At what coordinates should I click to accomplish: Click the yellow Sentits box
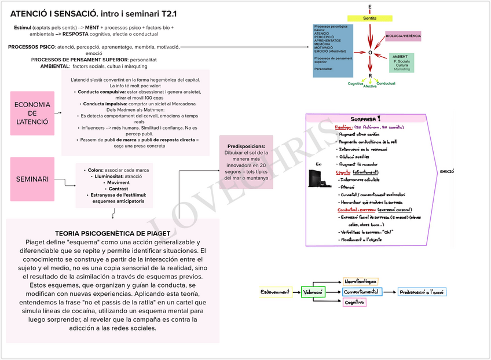369,19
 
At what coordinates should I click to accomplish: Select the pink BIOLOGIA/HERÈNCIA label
403,36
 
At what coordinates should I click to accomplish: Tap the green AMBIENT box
401,63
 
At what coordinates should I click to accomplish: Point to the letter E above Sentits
370,7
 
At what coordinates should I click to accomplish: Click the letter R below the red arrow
370,76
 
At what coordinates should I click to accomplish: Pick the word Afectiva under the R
369,86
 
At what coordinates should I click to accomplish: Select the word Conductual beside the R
386,83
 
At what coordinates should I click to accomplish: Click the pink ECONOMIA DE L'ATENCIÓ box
32,113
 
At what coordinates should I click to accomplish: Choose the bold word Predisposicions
246,146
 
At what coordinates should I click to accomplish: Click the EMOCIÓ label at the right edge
446,172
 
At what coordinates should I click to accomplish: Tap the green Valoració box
313,292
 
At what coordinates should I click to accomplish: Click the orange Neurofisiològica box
360,282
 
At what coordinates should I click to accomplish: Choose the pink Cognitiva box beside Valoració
354,302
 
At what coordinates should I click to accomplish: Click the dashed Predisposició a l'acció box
422,292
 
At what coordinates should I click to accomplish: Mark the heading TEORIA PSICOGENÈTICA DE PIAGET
113,233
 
